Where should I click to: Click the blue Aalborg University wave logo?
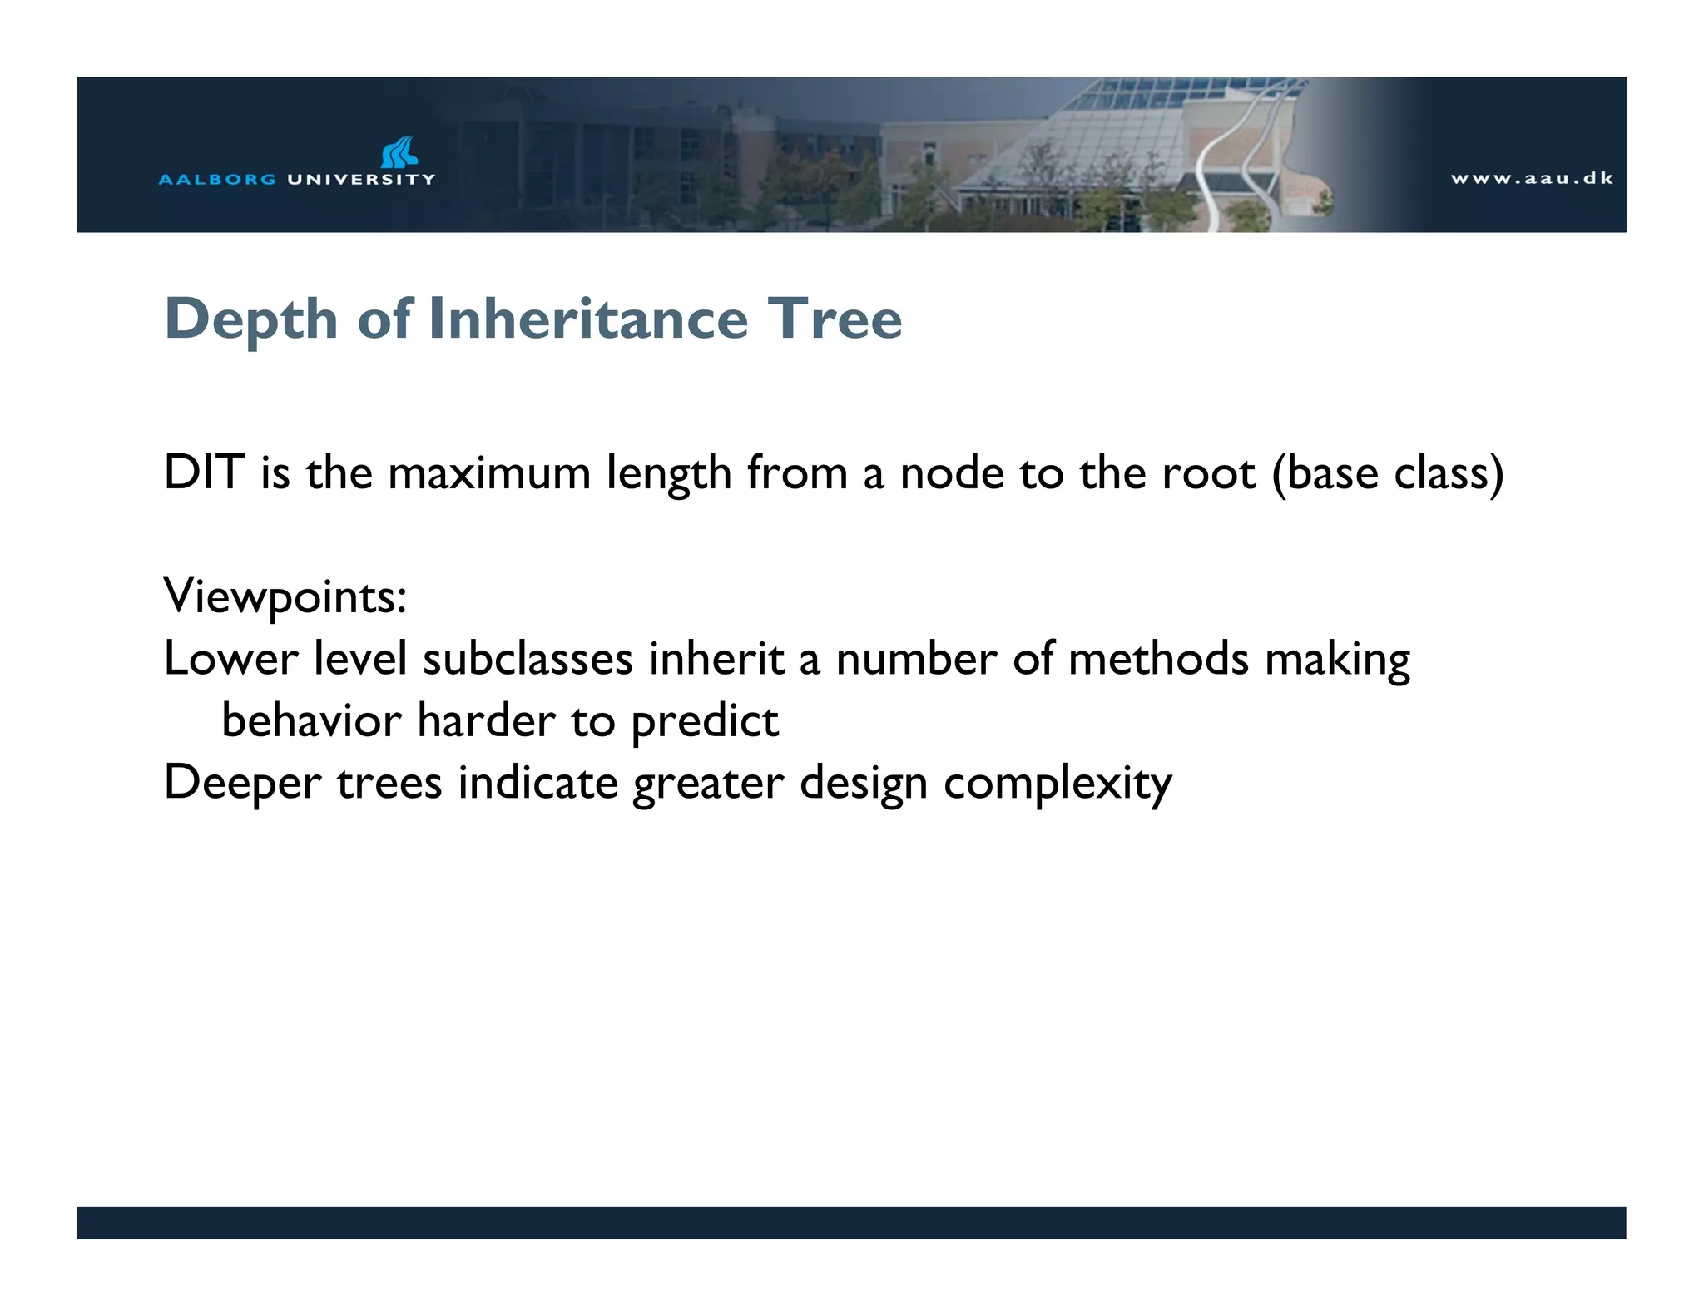399,152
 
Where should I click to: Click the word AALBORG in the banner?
217,179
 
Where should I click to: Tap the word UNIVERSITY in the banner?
361,179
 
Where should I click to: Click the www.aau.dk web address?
1532,178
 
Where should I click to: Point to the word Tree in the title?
834,319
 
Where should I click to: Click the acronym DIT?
204,472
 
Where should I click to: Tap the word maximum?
489,472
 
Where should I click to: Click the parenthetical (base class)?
1388,472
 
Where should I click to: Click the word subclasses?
528,659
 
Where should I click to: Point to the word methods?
1158,659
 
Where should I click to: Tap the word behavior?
311,720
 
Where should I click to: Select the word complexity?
1058,784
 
